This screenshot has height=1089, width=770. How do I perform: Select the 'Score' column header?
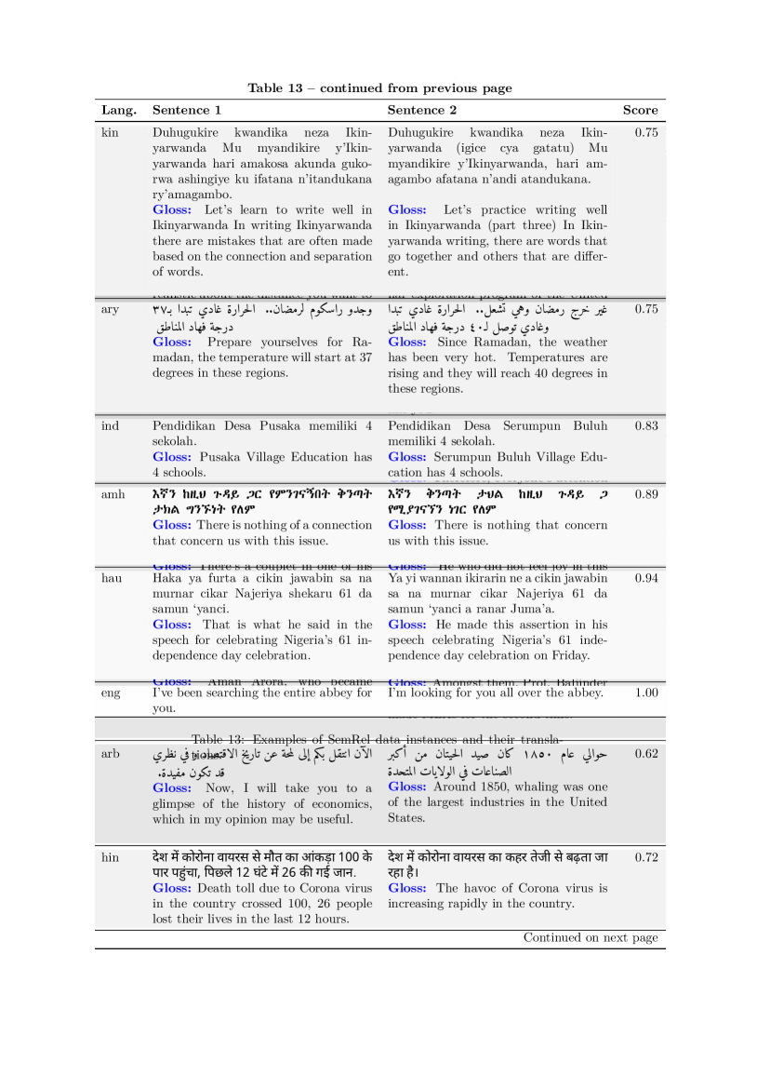tap(640, 110)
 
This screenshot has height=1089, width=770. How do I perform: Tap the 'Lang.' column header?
tap(119, 110)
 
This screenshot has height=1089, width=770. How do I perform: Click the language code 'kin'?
tap(110, 132)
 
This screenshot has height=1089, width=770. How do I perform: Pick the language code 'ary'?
tap(110, 309)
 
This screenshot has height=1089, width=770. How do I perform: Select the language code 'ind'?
tap(110, 425)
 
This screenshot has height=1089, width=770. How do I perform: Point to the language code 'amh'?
tap(113, 494)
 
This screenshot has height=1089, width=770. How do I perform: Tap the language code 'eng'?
tap(111, 692)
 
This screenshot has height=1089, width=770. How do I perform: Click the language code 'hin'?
tap(110, 857)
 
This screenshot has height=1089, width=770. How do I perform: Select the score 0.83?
tap(646, 425)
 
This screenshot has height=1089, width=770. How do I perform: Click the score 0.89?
tap(646, 494)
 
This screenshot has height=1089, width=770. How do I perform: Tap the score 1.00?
tap(646, 692)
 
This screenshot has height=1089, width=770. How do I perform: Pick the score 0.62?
tap(646, 754)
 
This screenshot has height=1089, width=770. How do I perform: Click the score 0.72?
tap(646, 857)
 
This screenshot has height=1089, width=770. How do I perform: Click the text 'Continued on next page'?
tap(591, 937)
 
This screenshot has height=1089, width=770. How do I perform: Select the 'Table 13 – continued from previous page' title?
tap(379, 88)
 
